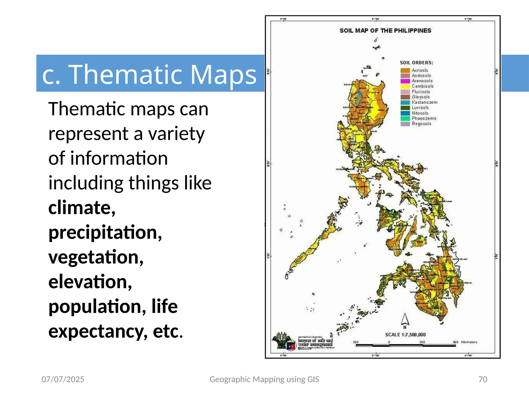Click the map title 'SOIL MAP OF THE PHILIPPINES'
(385, 31)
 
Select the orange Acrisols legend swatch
(405, 70)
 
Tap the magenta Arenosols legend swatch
(405, 81)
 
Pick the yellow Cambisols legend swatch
(405, 86)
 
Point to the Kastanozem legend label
(424, 102)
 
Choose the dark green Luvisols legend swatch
(405, 108)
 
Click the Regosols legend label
(421, 124)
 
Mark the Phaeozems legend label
(424, 118)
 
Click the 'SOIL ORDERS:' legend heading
(416, 63)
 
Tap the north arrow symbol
(405, 319)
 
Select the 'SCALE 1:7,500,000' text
(405, 335)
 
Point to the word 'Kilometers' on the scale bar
(469, 342)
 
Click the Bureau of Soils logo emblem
(283, 341)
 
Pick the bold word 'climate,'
(82, 208)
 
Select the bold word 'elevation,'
(90, 281)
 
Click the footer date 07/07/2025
(63, 379)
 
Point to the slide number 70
(483, 379)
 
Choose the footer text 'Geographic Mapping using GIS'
(264, 379)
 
